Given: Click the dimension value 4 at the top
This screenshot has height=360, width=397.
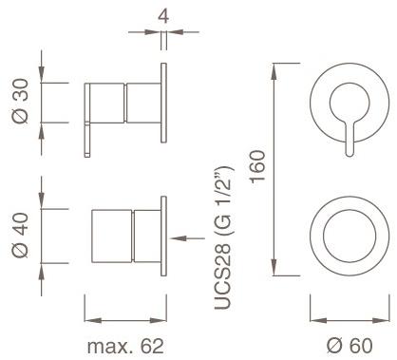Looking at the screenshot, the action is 163,16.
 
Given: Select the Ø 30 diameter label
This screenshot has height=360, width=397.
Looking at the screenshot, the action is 21,101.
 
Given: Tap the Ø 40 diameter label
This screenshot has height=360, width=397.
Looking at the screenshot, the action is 21,236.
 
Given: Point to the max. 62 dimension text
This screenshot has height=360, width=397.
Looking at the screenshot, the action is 125,346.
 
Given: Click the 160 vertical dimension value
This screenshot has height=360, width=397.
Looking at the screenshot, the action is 257,166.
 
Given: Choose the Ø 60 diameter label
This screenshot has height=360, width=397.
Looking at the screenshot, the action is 350,346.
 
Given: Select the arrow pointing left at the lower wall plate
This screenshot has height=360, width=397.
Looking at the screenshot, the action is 188,238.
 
